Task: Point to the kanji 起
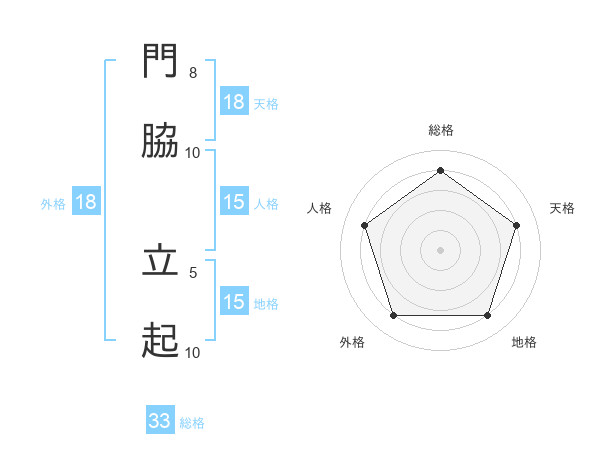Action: (161, 340)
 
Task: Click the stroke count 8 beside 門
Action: (193, 73)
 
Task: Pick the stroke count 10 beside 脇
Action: (192, 153)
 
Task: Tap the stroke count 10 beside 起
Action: (192, 352)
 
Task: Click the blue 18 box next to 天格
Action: (234, 102)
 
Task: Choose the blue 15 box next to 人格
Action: (234, 202)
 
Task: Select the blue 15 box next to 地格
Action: (234, 302)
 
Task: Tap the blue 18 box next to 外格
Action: (86, 202)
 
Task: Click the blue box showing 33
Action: (160, 421)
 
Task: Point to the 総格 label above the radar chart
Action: (441, 130)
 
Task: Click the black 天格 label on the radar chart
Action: (563, 208)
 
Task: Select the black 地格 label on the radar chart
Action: (524, 342)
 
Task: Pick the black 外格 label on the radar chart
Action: (352, 342)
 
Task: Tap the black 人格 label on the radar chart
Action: (320, 208)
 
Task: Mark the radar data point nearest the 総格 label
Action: (441, 171)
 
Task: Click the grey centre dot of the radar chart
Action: (441, 249)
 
